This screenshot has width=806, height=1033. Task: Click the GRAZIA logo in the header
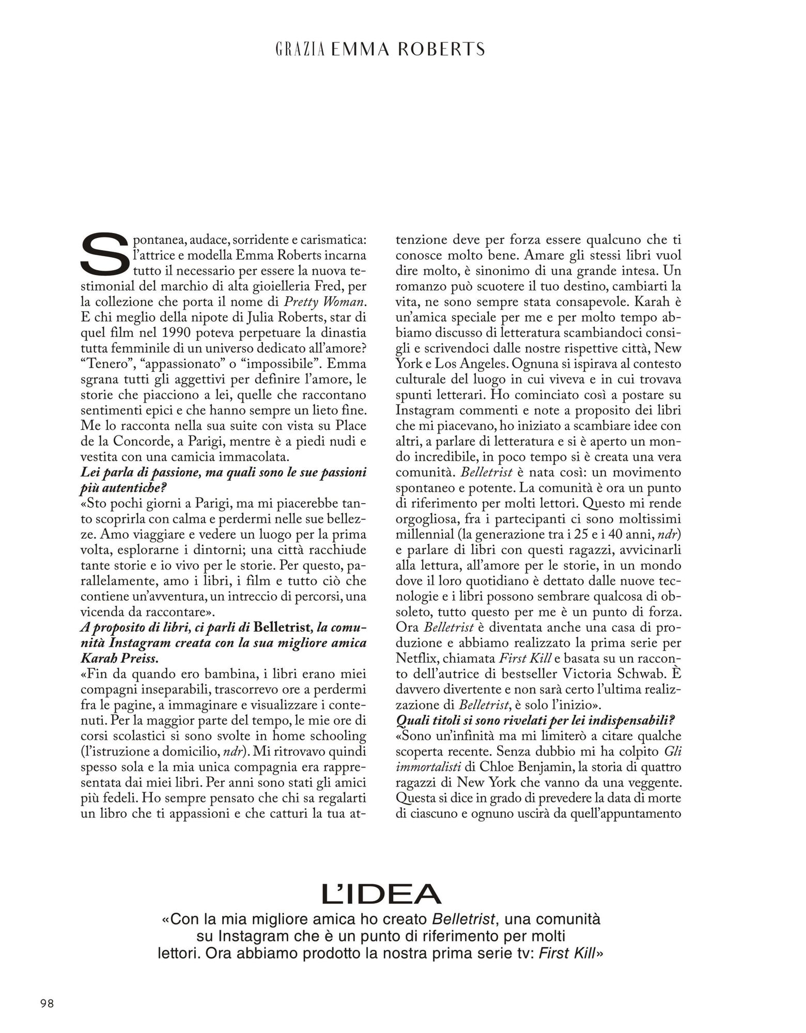pos(300,49)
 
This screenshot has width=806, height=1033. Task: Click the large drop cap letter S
pos(104,254)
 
